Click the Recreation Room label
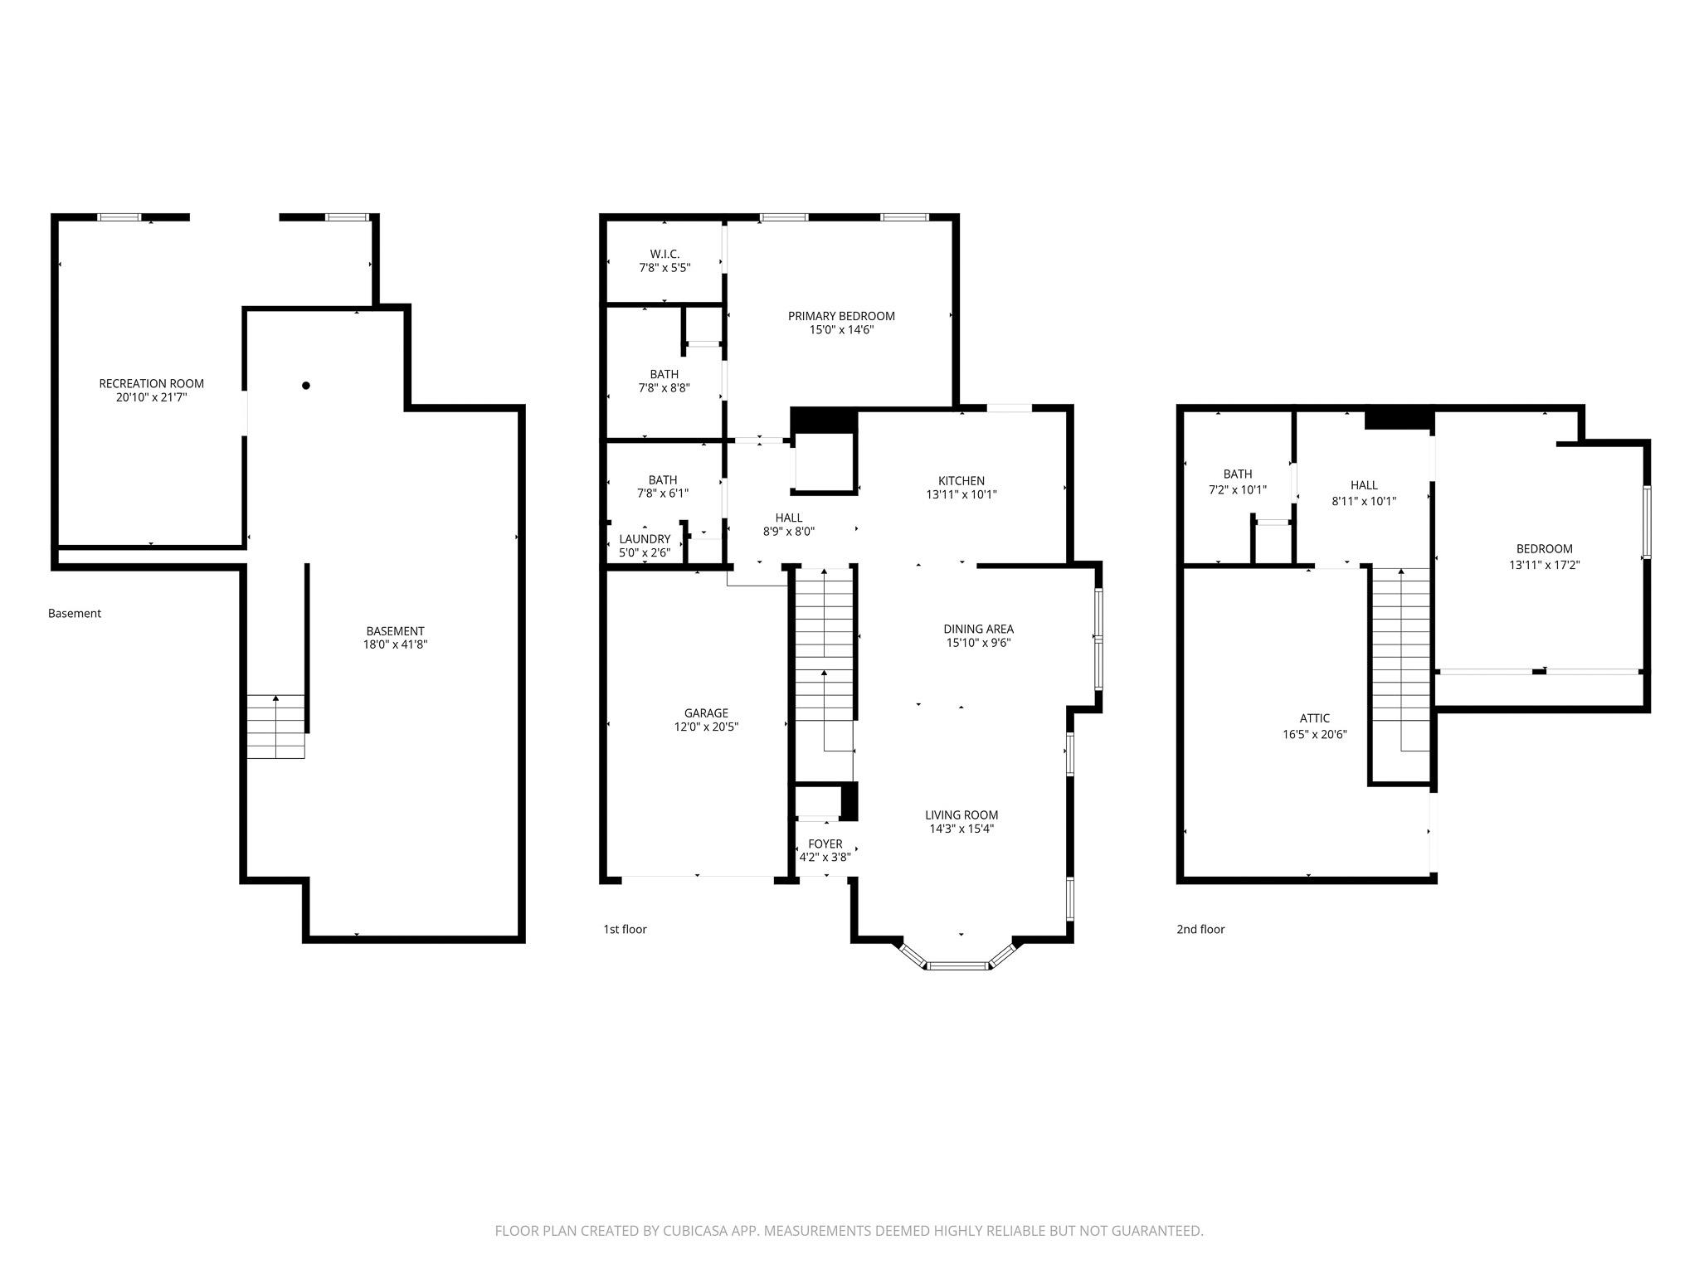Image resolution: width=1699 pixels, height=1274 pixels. tap(151, 383)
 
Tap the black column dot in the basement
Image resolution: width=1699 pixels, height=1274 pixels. tap(306, 386)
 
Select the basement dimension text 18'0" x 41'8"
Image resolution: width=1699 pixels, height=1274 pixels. tap(395, 644)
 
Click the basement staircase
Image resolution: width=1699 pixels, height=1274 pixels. tap(275, 727)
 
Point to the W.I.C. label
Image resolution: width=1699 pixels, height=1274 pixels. tap(665, 254)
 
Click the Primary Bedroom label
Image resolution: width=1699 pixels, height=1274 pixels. tap(841, 316)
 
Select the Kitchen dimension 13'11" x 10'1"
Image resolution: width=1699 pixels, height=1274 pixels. tap(961, 494)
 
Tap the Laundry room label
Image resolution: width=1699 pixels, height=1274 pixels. tap(645, 539)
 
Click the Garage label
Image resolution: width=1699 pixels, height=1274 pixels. tap(706, 713)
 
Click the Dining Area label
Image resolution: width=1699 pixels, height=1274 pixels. tap(978, 629)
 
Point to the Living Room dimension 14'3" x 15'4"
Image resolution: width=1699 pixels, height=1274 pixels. tap(961, 829)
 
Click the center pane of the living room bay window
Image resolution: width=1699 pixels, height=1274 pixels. tap(958, 965)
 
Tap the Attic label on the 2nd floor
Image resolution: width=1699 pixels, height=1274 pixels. tap(1314, 718)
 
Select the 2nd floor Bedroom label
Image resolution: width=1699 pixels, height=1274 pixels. tap(1544, 548)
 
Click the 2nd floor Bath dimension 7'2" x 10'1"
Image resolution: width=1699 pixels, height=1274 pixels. tap(1237, 490)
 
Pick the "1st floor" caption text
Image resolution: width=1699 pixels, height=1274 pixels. tap(625, 929)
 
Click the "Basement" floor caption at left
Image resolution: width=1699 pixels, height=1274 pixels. tap(75, 614)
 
